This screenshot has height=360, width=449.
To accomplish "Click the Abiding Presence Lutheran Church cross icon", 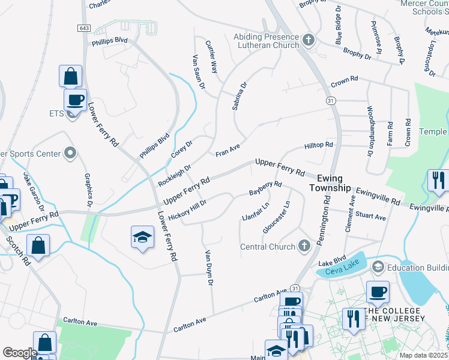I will coord(309,41).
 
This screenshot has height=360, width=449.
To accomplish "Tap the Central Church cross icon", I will coord(304,246).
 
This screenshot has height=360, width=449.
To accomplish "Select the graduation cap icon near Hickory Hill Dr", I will coord(142,238).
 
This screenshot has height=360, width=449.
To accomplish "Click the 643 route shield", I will coord(83,28).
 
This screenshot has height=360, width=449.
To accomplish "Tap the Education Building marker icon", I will coord(378,266).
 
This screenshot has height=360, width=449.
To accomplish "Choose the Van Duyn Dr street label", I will coord(209,267).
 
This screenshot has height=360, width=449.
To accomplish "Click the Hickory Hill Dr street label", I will coord(187,209).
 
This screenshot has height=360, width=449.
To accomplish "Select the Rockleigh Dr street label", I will coord(174,176).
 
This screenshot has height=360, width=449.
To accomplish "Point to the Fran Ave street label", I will coord(228,150).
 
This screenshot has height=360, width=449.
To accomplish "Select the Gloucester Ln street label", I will coord(277,217).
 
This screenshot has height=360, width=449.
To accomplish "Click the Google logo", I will coord(20,353).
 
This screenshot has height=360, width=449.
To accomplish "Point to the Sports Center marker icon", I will coord(70,154).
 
